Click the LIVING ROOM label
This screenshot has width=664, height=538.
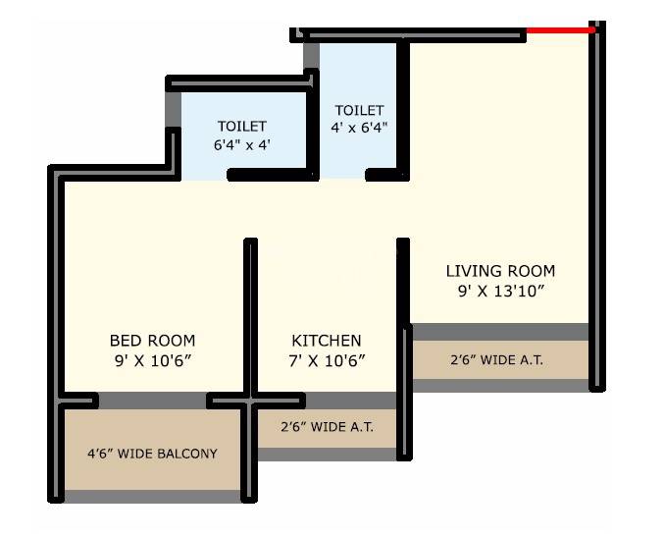pos(500,270)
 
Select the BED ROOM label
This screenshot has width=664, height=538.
pos(152,341)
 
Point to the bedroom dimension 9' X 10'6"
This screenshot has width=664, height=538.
pos(152,360)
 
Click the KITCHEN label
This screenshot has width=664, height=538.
pos(327,341)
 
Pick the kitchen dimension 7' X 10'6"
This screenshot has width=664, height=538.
pos(327,360)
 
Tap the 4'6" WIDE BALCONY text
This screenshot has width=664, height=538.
pos(152,454)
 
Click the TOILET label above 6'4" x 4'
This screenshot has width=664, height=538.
pos(241,126)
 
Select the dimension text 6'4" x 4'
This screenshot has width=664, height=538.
pos(241,144)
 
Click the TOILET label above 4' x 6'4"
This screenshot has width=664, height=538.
pos(359,110)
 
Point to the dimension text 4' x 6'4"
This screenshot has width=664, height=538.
pos(359,128)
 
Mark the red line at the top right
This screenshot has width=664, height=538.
pos(560,30)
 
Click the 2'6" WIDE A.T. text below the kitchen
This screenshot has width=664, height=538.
pos(327,428)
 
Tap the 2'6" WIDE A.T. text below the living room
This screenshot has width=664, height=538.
pos(496,360)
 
